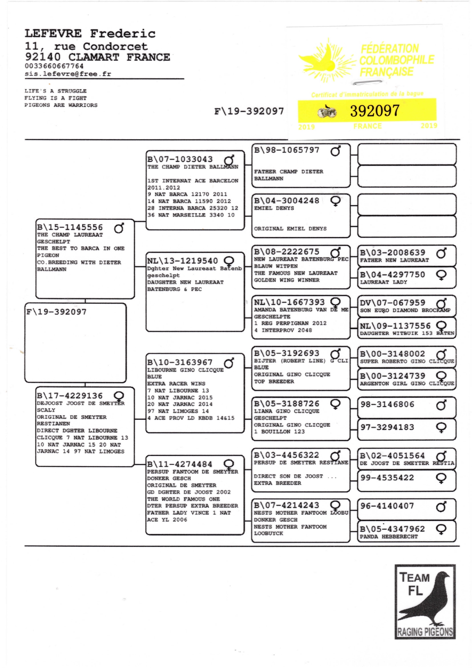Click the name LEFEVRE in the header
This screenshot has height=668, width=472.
pos(53,34)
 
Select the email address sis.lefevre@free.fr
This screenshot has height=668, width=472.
pos(68,74)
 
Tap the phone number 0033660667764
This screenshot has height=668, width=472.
pos(54,66)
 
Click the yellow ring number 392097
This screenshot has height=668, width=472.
pos(375,111)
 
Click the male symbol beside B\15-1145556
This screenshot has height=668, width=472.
pos(119,228)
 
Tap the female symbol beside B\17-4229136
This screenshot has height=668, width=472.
pos(119,397)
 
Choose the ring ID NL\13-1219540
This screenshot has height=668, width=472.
pos(183,261)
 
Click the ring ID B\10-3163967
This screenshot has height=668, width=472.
pos(180,362)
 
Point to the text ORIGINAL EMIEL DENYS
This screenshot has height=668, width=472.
pos(290,229)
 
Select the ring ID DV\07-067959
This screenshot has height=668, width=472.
pos(392,303)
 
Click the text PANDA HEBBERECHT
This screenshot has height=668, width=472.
pos(389,537)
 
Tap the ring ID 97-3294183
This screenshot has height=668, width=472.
pos(387,427)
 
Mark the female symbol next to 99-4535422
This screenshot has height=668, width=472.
pos(441,478)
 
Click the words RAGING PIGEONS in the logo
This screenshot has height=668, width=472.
pos(425,632)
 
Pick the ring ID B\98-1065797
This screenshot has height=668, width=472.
pos(287,150)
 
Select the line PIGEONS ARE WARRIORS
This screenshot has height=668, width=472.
pos(61,105)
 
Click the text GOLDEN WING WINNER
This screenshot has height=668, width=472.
pos(287,280)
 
